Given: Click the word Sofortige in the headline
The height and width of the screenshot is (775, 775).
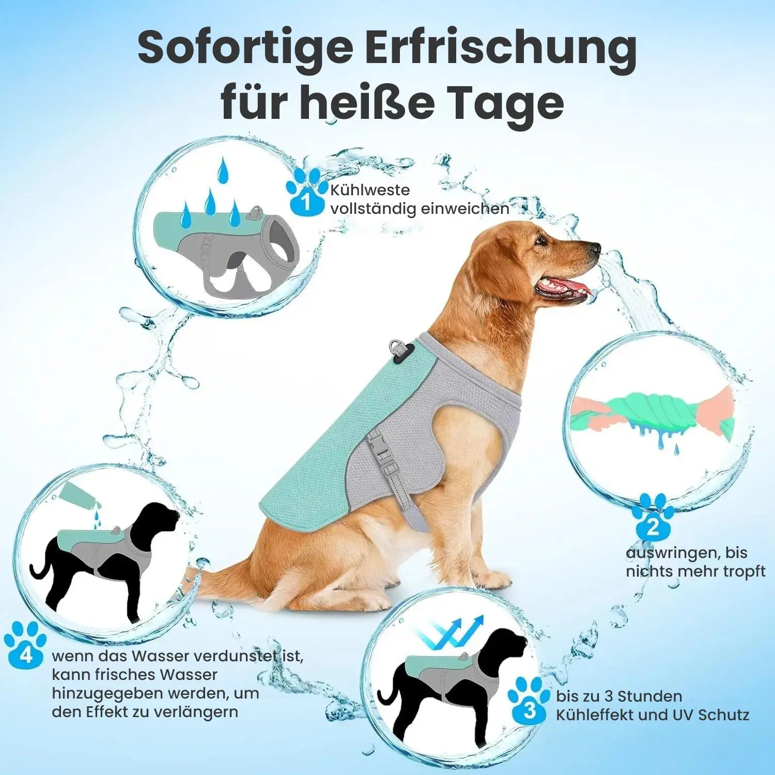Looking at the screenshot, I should pyautogui.click(x=245, y=48).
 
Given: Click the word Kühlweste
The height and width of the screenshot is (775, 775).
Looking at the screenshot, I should pyautogui.click(x=370, y=190).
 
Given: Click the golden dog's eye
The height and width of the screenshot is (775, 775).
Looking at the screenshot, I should pyautogui.click(x=540, y=239).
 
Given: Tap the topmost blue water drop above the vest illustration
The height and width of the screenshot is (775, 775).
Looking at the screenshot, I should pyautogui.click(x=223, y=171).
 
